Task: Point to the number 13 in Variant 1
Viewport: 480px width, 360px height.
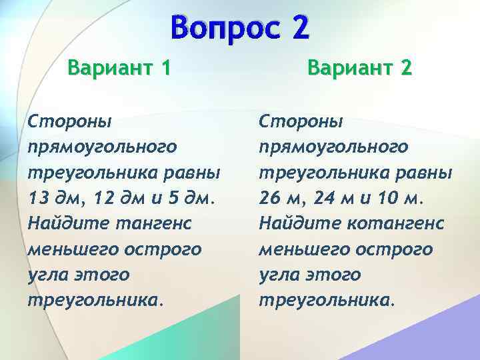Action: point(40,198)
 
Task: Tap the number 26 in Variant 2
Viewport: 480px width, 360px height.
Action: point(272,198)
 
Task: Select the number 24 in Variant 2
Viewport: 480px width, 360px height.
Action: point(327,198)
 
